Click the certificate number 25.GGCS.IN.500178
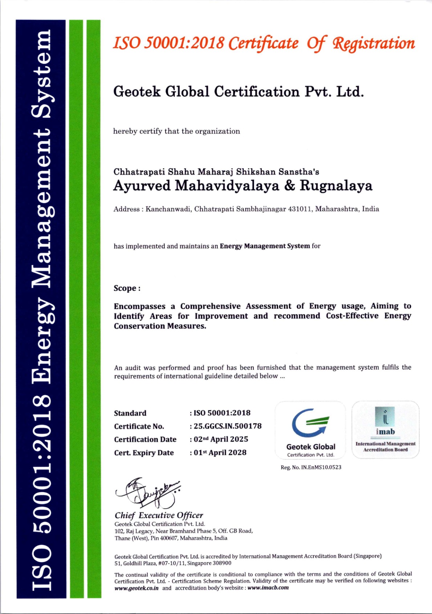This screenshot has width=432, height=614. tap(228, 426)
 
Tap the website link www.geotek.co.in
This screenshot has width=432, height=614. tap(136, 588)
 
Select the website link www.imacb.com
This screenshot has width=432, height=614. tap(268, 587)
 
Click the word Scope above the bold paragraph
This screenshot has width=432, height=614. tap(125, 288)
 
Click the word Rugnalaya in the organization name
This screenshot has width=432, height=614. tap(336, 186)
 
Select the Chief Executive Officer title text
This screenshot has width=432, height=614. tap(159, 515)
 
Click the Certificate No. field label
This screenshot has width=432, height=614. tap(139, 427)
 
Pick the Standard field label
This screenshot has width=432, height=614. tap(130, 413)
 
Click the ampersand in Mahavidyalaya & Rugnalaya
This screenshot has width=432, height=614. tap(289, 186)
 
